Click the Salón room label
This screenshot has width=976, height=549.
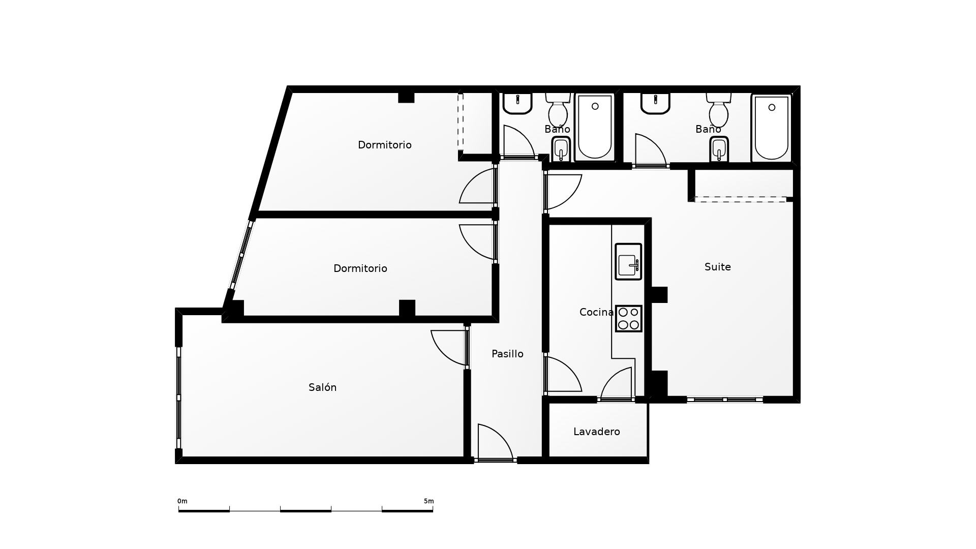click(x=322, y=387)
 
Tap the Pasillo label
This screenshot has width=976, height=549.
click(x=507, y=354)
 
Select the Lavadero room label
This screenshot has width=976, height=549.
click(x=597, y=432)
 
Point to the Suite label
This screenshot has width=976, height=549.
click(x=718, y=267)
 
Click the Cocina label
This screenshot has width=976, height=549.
click(x=596, y=312)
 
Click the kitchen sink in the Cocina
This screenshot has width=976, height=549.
click(x=628, y=262)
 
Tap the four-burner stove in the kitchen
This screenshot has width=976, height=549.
click(x=629, y=319)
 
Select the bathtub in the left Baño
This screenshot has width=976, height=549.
click(x=595, y=127)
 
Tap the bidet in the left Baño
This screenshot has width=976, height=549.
click(x=561, y=149)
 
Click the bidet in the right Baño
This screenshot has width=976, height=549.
click(x=719, y=149)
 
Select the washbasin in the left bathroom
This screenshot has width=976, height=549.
click(x=517, y=103)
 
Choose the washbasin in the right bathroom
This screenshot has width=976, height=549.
click(x=655, y=103)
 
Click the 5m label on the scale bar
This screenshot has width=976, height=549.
click(x=429, y=501)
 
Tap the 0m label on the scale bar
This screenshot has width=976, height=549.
click(x=182, y=501)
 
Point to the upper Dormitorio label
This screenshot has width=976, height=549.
click(x=385, y=145)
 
